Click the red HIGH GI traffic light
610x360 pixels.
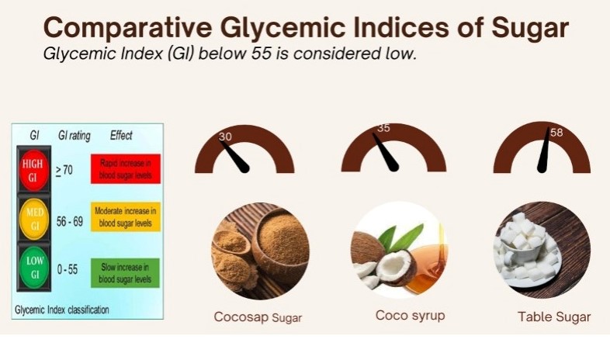(34, 168)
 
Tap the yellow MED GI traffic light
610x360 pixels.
(34, 220)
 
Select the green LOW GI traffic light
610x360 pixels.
(34, 270)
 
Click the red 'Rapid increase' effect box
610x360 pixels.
(125, 169)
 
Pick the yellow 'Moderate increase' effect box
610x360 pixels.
(125, 218)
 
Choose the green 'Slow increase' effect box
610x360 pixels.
(125, 272)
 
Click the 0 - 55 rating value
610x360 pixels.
(68, 269)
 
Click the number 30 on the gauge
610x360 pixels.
(226, 137)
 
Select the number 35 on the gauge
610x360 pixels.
(383, 128)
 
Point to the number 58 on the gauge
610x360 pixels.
(556, 133)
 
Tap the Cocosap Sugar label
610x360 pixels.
(258, 317)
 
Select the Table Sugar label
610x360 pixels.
(554, 317)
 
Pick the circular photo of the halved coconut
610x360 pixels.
(398, 251)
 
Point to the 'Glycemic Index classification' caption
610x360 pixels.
(62, 309)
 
